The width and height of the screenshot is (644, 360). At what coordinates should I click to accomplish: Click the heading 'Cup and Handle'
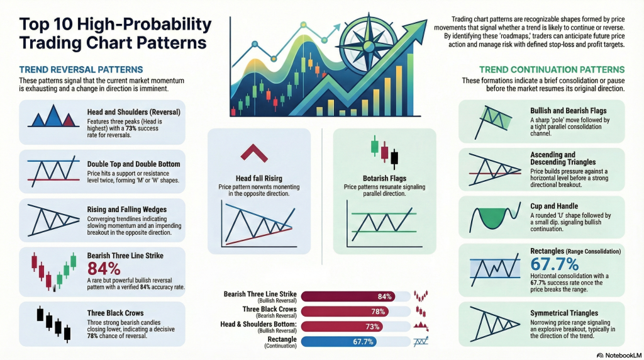click(555, 206)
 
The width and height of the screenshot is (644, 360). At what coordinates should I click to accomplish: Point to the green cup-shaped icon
click(490, 218)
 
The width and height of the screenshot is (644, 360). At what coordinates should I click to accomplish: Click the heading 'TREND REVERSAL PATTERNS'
click(80, 69)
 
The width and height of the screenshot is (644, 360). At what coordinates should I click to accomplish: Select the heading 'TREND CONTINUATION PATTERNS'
click(552, 69)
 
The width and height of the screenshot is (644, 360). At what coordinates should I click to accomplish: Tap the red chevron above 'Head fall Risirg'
click(250, 152)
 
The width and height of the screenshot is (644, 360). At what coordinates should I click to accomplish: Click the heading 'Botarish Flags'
click(384, 178)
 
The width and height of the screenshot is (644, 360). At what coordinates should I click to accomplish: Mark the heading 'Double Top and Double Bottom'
click(133, 164)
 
